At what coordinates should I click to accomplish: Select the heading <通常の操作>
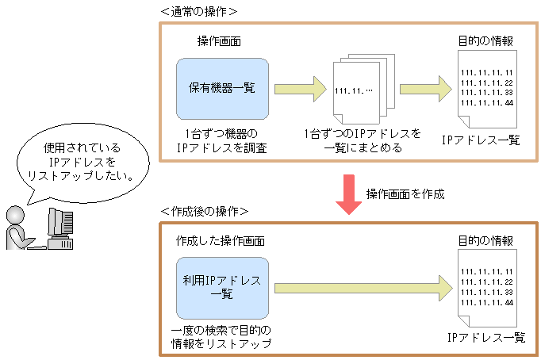pos(198,12)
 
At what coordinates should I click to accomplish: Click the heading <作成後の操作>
pos(205,212)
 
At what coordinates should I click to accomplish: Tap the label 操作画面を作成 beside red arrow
pos(405,193)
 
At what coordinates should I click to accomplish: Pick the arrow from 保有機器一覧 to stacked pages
pos(301,88)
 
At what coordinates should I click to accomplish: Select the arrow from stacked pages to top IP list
pos(426,88)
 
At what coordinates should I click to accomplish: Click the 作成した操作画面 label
pos(220,240)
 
